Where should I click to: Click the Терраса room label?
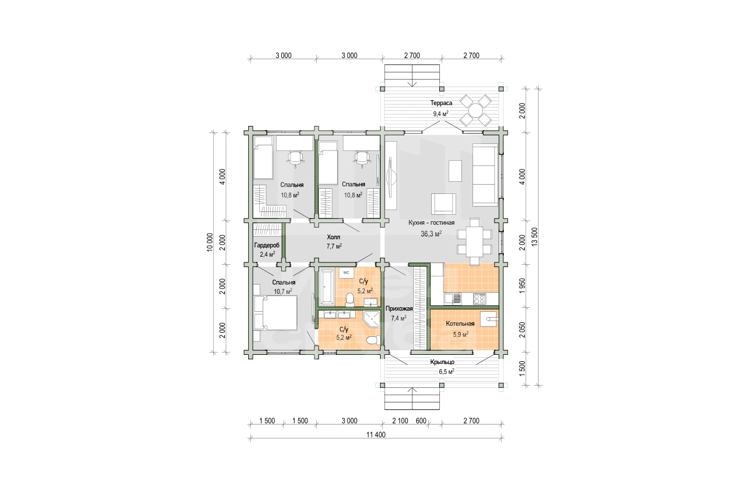click(441, 103)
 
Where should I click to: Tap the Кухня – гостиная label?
click(431, 222)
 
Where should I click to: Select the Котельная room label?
click(460, 323)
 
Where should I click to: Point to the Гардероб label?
click(267, 245)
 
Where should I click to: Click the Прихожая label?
click(399, 308)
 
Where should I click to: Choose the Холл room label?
click(334, 237)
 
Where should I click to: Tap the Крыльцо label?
click(442, 362)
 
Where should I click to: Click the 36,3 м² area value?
click(431, 234)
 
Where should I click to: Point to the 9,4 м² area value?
click(441, 114)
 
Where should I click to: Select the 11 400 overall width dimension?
click(376, 434)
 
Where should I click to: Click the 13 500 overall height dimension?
click(535, 236)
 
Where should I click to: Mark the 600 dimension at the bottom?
click(421, 421)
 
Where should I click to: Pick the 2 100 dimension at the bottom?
click(400, 421)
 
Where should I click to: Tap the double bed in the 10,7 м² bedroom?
click(275, 312)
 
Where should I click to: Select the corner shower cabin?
click(371, 319)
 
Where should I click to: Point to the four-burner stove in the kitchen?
click(479, 299)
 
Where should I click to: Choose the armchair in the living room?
click(444, 204)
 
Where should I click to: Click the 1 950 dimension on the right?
click(522, 286)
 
